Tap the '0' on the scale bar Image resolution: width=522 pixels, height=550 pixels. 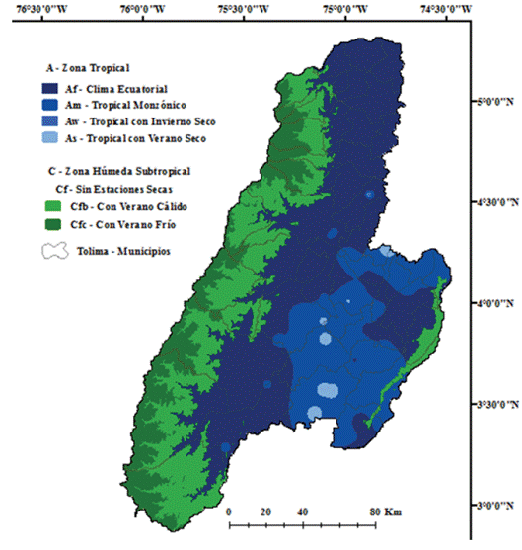229,512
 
